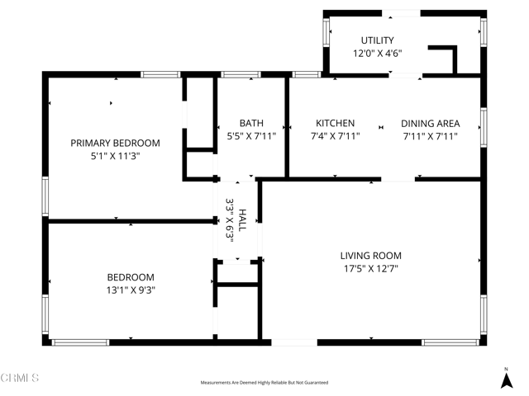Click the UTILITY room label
(x=377, y=40)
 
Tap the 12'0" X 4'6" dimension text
(x=377, y=54)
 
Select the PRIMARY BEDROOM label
(x=115, y=143)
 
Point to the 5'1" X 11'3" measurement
(x=115, y=156)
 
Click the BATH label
(x=251, y=123)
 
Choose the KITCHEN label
(x=334, y=123)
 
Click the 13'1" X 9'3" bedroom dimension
(x=130, y=290)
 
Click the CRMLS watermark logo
(x=21, y=379)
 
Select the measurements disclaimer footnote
(x=264, y=383)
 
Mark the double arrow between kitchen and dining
(x=381, y=127)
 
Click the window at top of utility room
(x=400, y=12)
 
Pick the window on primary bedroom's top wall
(x=161, y=75)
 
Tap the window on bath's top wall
(x=241, y=75)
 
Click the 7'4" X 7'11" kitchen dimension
(x=334, y=136)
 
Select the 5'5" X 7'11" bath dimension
(x=251, y=136)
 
